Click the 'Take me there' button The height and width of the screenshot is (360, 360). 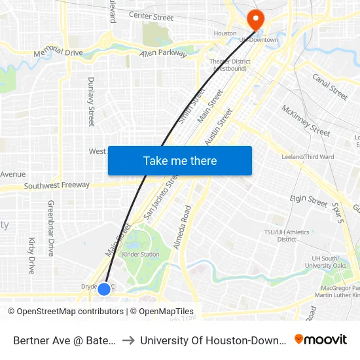pos(180,161)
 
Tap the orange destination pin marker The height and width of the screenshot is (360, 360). pos(255,19)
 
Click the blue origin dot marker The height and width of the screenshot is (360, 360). pos(104,289)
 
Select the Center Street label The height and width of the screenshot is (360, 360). pos(151,14)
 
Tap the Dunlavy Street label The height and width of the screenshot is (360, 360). pos(92,101)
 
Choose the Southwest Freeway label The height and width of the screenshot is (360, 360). pos(57,186)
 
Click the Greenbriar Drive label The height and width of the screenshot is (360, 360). pos(50,228)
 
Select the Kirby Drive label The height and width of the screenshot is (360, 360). pos(31,255)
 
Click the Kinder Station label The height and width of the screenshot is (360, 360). pos(141,254)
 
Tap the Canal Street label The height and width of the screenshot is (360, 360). pos(330,87)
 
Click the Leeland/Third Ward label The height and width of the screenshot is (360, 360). pos(308,157)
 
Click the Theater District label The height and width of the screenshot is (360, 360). pos(228,64)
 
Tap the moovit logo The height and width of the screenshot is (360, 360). pos(320,340)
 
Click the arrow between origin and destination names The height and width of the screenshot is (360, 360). pos(129,340)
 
